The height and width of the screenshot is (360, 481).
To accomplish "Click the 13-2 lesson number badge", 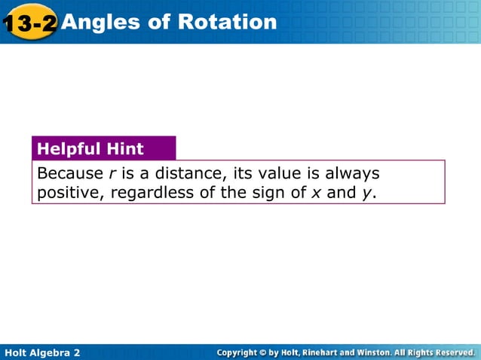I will [x=29, y=23].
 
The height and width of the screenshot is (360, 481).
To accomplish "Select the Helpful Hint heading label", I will [x=90, y=148].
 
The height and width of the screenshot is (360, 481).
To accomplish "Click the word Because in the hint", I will [x=66, y=173].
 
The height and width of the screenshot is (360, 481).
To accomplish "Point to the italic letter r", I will [x=102, y=174].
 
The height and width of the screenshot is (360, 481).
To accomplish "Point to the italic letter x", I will [x=315, y=194].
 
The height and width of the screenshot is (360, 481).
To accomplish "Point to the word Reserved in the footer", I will [x=451, y=352].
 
